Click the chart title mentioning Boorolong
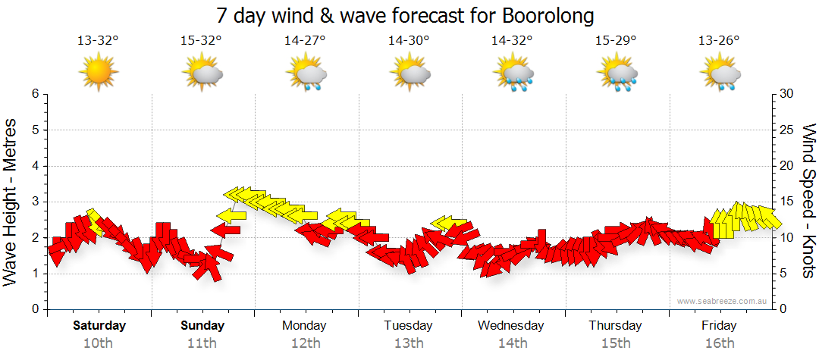coord(405,15)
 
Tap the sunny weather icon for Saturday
coord(99,73)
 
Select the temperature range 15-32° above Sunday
coord(202,40)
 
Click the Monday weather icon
coord(306,74)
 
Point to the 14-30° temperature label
coord(409,40)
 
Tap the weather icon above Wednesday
coord(513,74)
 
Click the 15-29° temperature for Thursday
coord(616,40)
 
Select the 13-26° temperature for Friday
coord(719,40)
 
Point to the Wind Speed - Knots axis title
coord(807,201)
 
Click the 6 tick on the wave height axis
coord(33,94)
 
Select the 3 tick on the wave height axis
coord(33,202)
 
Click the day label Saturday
coord(99,326)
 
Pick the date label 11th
coord(202,343)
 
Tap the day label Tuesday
coord(408,326)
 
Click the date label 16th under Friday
coord(719,343)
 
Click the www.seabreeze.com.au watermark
coord(723,301)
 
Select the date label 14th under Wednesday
coord(512,343)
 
